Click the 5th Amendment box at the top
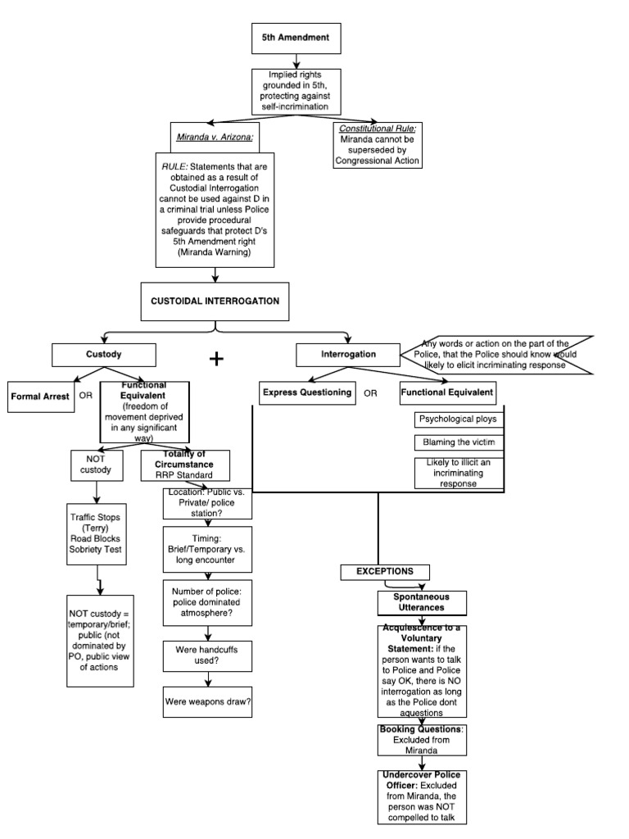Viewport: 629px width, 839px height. [285, 39]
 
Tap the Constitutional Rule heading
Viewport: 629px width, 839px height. [378, 129]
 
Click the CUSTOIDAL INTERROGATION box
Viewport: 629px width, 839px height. [215, 301]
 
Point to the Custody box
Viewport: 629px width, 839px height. [103, 354]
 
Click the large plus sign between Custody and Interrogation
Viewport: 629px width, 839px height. [216, 359]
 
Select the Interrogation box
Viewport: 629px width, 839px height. [348, 354]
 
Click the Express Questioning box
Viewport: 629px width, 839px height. [307, 392]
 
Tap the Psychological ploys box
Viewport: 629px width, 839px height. [458, 419]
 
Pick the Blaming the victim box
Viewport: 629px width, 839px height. [458, 442]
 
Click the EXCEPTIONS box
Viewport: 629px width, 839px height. [384, 570]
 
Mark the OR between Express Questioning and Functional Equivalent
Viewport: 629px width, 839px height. [371, 393]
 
